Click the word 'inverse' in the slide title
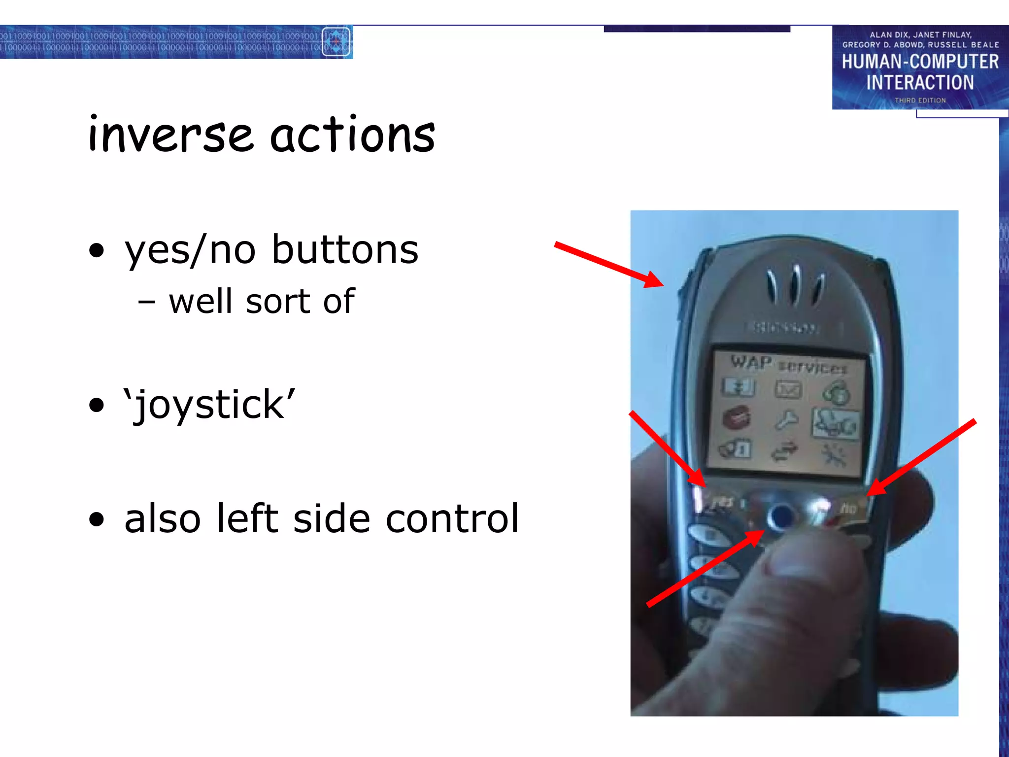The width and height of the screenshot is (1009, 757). coord(170,135)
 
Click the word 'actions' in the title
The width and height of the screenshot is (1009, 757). coord(352,135)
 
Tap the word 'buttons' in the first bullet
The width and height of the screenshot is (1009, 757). coord(345,250)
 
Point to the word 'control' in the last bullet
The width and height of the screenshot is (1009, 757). coord(452,518)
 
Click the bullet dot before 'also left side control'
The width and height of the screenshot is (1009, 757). coord(97,519)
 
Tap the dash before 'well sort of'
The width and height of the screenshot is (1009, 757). coord(147,302)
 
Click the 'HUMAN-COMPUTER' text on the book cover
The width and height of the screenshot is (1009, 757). coord(920,62)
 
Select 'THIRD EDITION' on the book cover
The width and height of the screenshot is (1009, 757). coord(920,101)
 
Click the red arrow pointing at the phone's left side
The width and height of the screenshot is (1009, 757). coord(609,264)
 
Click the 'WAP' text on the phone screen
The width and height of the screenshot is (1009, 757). coord(750,362)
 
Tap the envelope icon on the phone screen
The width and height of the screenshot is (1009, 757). coord(788,390)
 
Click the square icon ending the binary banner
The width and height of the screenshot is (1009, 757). coord(336,42)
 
